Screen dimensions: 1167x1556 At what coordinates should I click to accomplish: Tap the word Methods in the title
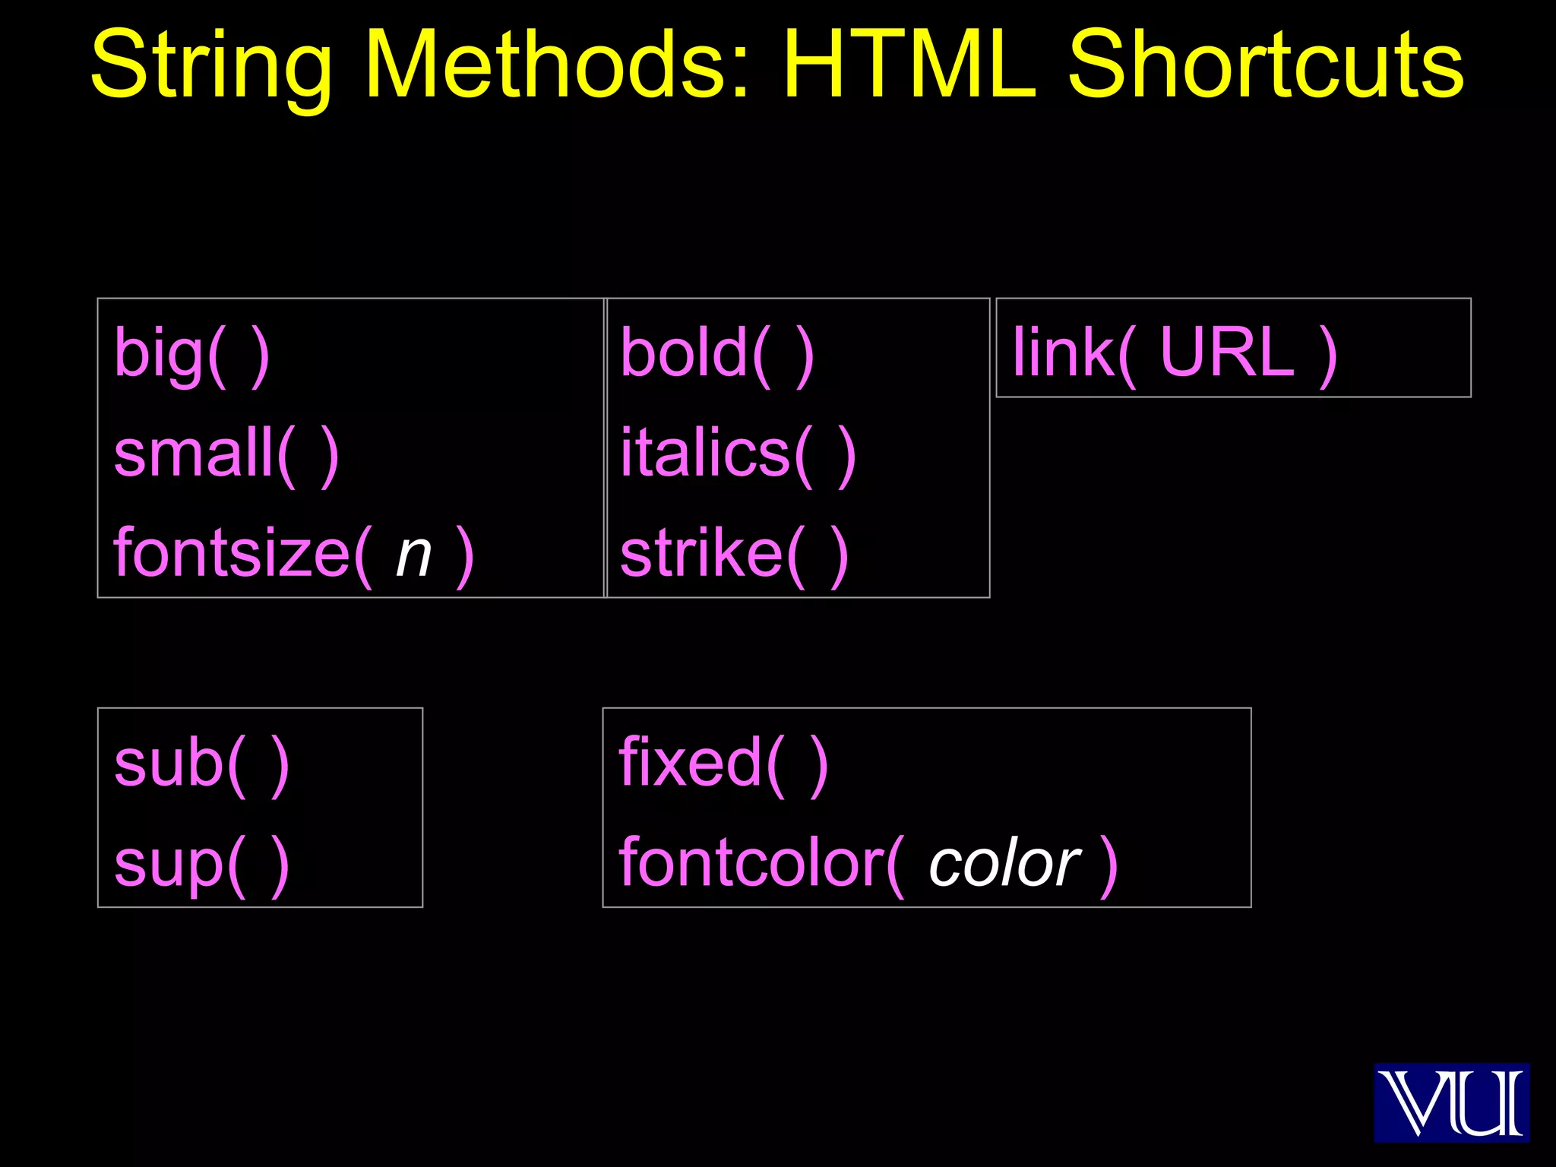tap(547, 65)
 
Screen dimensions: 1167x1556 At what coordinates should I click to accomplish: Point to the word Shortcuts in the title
tap(1266, 65)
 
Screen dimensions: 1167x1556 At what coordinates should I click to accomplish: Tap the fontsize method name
tap(232, 553)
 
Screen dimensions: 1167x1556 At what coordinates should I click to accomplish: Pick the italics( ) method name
tap(738, 454)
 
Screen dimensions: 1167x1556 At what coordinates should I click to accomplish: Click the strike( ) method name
tap(733, 553)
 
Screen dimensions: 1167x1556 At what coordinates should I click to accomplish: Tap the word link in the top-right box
tap(1063, 353)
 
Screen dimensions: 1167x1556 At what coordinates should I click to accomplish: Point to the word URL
tap(1226, 353)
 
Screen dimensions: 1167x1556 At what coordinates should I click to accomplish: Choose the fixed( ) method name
tap(723, 763)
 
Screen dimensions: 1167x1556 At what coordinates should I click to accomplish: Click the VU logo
tap(1451, 1102)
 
